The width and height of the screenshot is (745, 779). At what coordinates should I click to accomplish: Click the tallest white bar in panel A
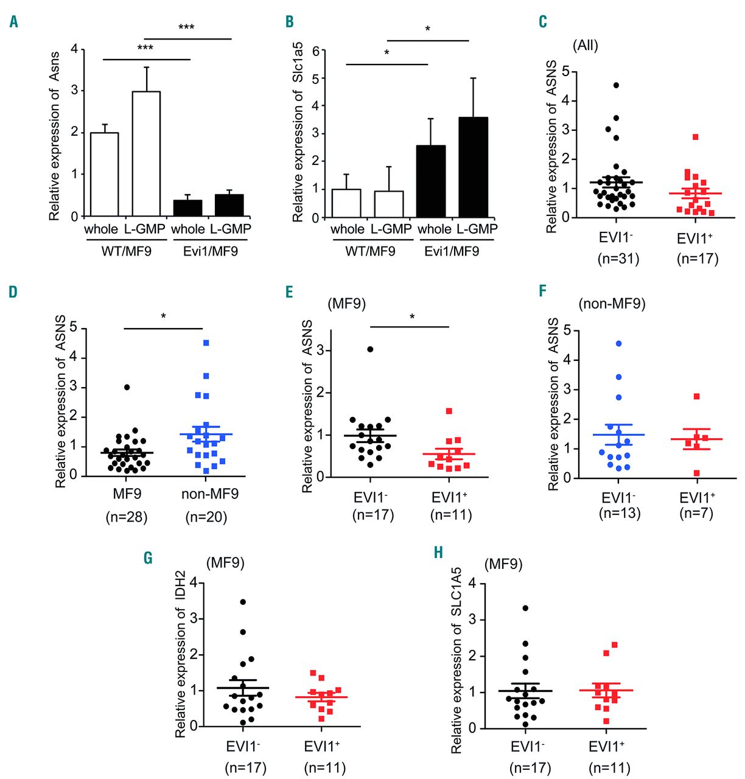click(x=146, y=153)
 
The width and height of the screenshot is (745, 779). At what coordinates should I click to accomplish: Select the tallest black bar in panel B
click(x=473, y=167)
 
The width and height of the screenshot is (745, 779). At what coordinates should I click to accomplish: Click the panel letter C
click(x=542, y=22)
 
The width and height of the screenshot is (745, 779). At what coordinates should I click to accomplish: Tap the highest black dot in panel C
click(x=616, y=85)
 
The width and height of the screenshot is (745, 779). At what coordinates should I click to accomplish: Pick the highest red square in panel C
click(x=695, y=137)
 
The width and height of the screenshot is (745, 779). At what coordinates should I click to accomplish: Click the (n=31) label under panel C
click(x=618, y=259)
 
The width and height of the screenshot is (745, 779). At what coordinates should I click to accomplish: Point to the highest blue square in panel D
click(x=206, y=343)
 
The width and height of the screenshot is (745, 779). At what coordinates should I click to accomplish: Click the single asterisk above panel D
click(x=163, y=316)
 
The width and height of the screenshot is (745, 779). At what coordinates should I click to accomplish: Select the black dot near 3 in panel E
click(x=370, y=349)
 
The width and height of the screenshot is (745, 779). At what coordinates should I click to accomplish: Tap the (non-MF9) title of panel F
click(x=612, y=303)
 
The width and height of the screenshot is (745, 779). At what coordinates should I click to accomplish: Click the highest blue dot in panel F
click(x=619, y=344)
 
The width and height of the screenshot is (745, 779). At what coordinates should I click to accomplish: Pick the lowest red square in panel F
click(x=696, y=473)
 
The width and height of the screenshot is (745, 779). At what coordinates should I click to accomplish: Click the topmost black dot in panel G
click(x=243, y=602)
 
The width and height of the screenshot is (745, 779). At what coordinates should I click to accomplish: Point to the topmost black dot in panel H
click(x=525, y=608)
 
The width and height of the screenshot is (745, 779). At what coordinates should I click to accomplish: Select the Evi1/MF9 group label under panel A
click(x=211, y=251)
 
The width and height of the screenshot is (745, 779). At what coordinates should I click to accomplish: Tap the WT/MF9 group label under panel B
click(x=370, y=251)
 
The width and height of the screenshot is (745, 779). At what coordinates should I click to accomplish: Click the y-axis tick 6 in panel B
click(x=316, y=51)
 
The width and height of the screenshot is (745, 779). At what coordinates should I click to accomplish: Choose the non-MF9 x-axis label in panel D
click(x=210, y=494)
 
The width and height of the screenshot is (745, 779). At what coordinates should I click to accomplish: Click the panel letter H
click(x=438, y=553)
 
